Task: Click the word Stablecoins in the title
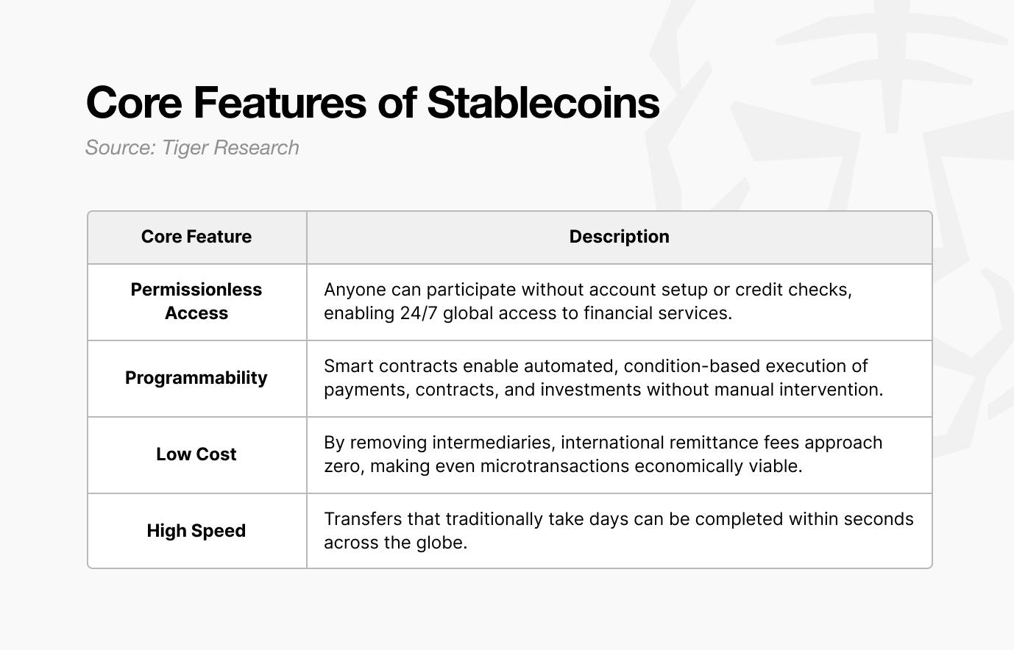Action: click(x=543, y=103)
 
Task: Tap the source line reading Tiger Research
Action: click(x=192, y=148)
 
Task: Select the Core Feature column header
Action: click(x=196, y=237)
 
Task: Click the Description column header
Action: click(x=620, y=237)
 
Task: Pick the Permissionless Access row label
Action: click(x=196, y=301)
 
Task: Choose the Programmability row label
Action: click(x=196, y=378)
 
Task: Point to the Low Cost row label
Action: click(x=196, y=454)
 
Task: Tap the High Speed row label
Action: click(x=196, y=531)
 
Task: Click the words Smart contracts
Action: click(x=391, y=366)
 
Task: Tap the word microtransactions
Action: click(x=555, y=466)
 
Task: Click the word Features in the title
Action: click(x=280, y=103)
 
